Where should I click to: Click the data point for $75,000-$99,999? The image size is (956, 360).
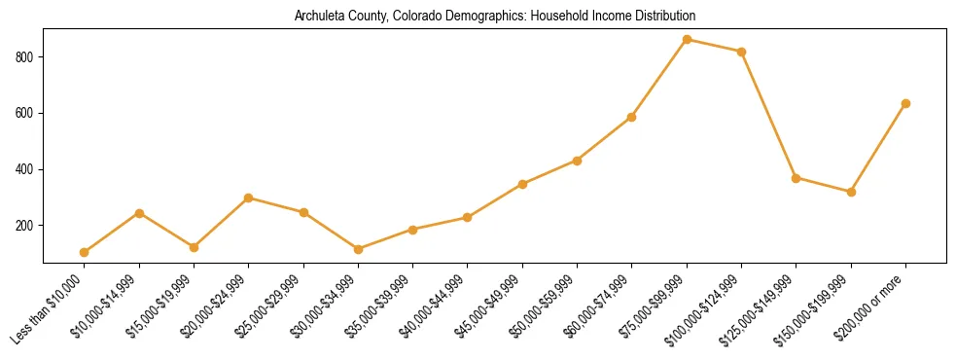pyautogui.click(x=687, y=40)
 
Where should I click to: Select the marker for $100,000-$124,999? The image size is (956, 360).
pyautogui.click(x=742, y=52)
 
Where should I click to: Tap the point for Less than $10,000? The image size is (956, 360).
pyautogui.click(x=85, y=252)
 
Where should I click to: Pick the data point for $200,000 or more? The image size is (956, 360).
pyautogui.click(x=905, y=103)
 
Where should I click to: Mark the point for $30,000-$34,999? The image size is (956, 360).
pyautogui.click(x=358, y=249)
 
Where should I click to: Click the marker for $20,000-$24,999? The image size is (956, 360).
pyautogui.click(x=249, y=198)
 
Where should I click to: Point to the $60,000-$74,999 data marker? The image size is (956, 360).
pyautogui.click(x=632, y=117)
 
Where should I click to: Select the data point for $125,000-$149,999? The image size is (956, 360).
pyautogui.click(x=797, y=178)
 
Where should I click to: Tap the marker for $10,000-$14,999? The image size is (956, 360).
pyautogui.click(x=139, y=213)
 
